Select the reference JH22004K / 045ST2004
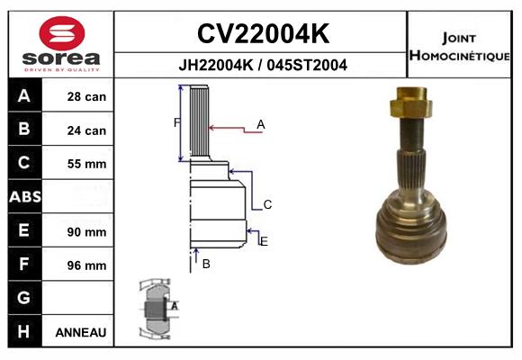click(x=262, y=65)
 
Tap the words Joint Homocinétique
click(x=461, y=46)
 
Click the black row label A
click(x=24, y=96)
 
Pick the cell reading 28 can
click(x=86, y=96)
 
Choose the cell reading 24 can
click(x=86, y=130)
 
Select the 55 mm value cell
click(x=86, y=164)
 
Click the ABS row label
click(x=24, y=197)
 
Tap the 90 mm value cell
click(x=86, y=231)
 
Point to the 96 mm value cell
click(x=86, y=265)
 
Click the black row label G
click(x=24, y=298)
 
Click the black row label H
click(x=24, y=332)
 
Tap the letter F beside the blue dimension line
click(x=176, y=122)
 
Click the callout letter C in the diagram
click(x=267, y=205)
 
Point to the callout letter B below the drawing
click(x=206, y=264)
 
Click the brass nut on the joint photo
click(x=413, y=104)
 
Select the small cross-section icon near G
click(x=157, y=309)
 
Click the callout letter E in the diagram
click(x=263, y=240)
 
